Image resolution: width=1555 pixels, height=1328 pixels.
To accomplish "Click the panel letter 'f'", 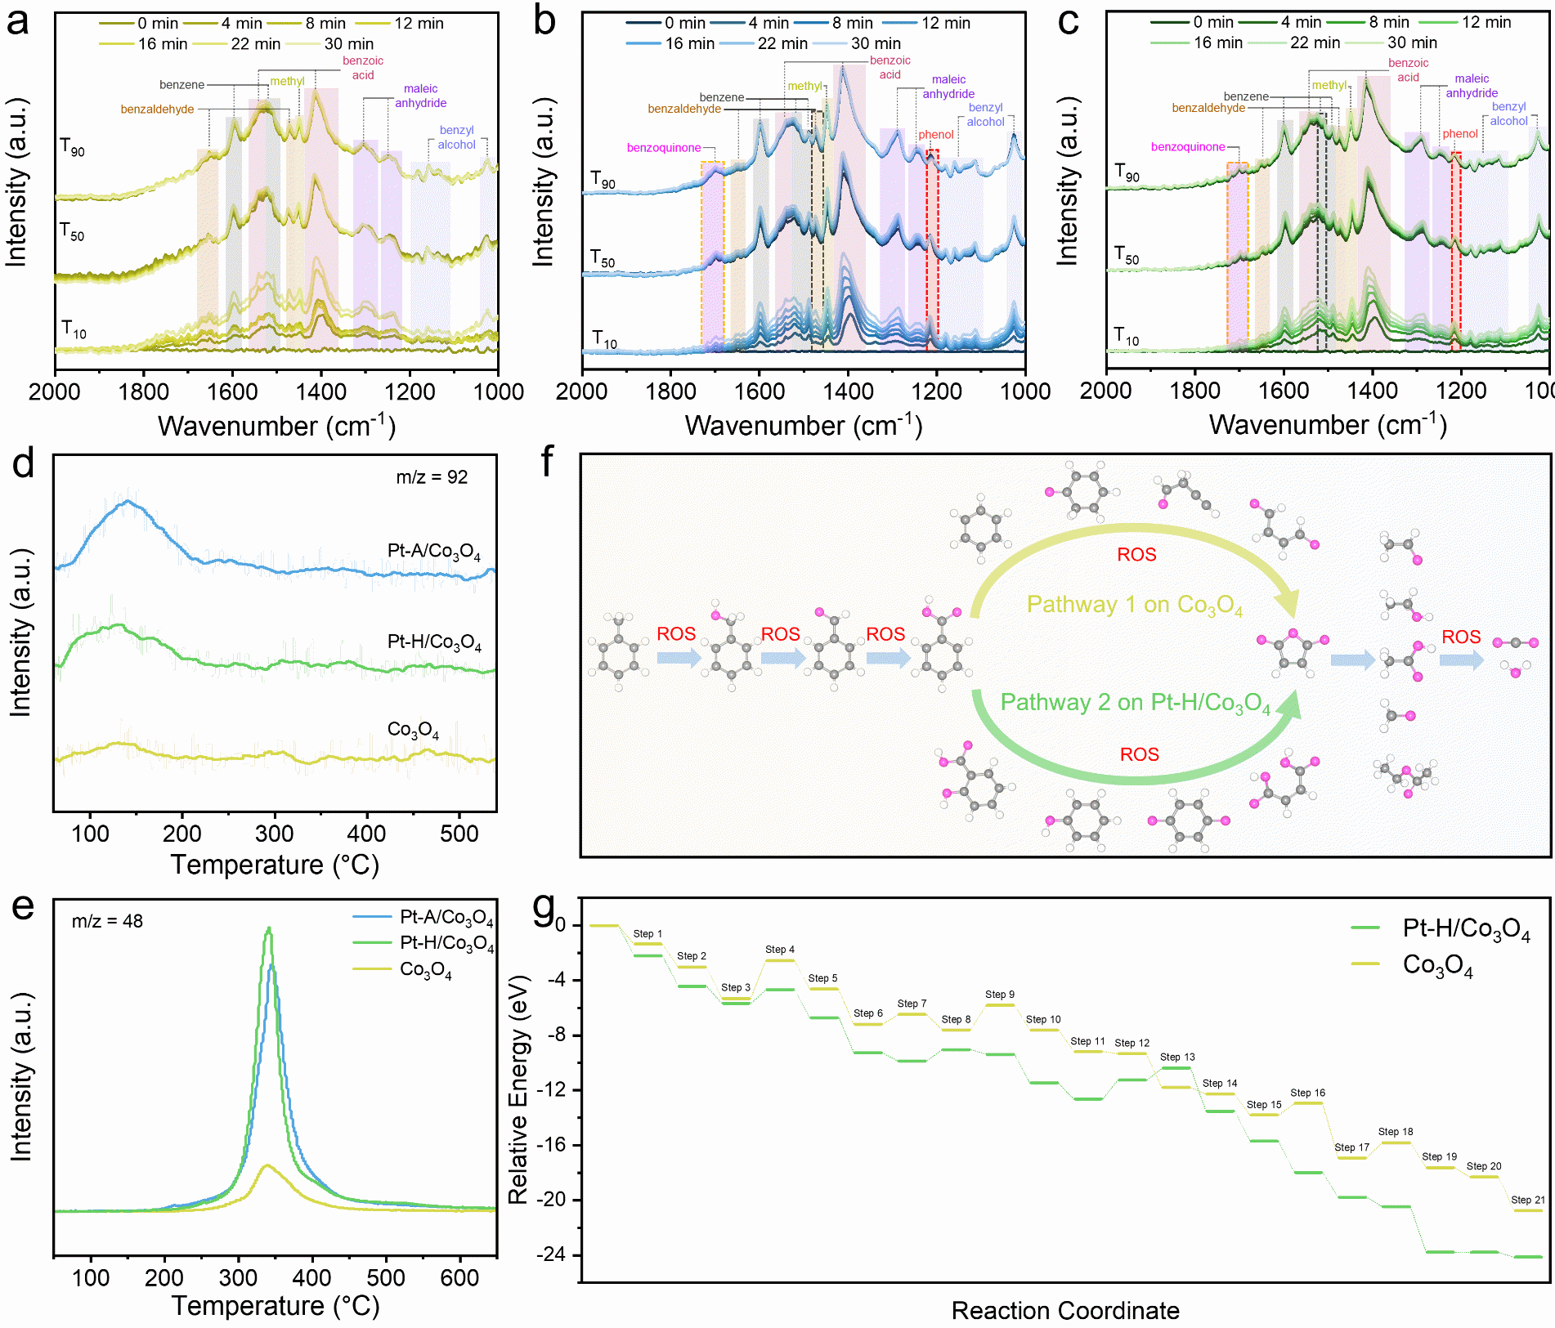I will tap(547, 462).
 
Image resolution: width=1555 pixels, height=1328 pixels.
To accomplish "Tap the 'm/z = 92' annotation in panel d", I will tap(432, 477).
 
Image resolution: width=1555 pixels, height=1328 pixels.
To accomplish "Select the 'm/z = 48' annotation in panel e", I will tap(107, 921).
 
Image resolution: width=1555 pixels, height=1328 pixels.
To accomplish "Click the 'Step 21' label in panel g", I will tap(1527, 1200).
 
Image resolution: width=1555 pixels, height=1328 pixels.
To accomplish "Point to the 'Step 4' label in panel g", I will tap(779, 950).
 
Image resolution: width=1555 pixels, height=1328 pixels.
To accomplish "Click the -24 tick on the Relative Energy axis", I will tap(552, 1254).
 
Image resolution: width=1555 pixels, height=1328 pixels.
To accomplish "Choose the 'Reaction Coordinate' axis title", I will tap(1064, 1311).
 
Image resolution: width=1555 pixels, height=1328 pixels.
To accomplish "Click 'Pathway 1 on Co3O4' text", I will tap(1134, 605).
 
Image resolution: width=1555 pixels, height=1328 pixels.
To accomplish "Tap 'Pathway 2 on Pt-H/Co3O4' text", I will tap(1135, 703).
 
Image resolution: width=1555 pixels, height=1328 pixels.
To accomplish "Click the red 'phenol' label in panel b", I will tap(935, 135).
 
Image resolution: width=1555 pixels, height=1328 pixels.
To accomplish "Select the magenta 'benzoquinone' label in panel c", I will tap(1187, 147).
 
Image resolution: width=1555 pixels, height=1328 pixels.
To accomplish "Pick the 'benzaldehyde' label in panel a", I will tap(157, 110).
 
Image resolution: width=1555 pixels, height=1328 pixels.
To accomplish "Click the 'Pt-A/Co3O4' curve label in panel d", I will tap(433, 552).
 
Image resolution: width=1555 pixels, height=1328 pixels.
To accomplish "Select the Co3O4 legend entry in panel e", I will tap(425, 970).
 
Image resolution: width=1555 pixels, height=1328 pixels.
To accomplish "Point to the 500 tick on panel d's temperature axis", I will tap(459, 834).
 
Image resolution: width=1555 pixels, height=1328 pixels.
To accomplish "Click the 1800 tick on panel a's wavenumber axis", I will tap(144, 392).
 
